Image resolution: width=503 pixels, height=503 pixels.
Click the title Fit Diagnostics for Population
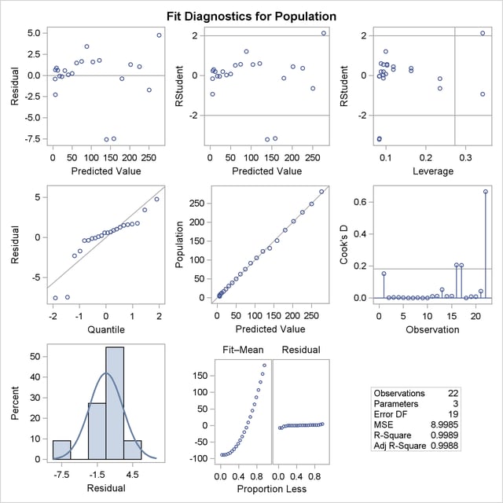251,16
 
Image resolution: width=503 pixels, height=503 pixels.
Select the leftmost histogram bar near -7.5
62,449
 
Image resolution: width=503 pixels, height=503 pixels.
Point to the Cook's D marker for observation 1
384,274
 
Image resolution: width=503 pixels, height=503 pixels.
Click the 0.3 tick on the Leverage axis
464,158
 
